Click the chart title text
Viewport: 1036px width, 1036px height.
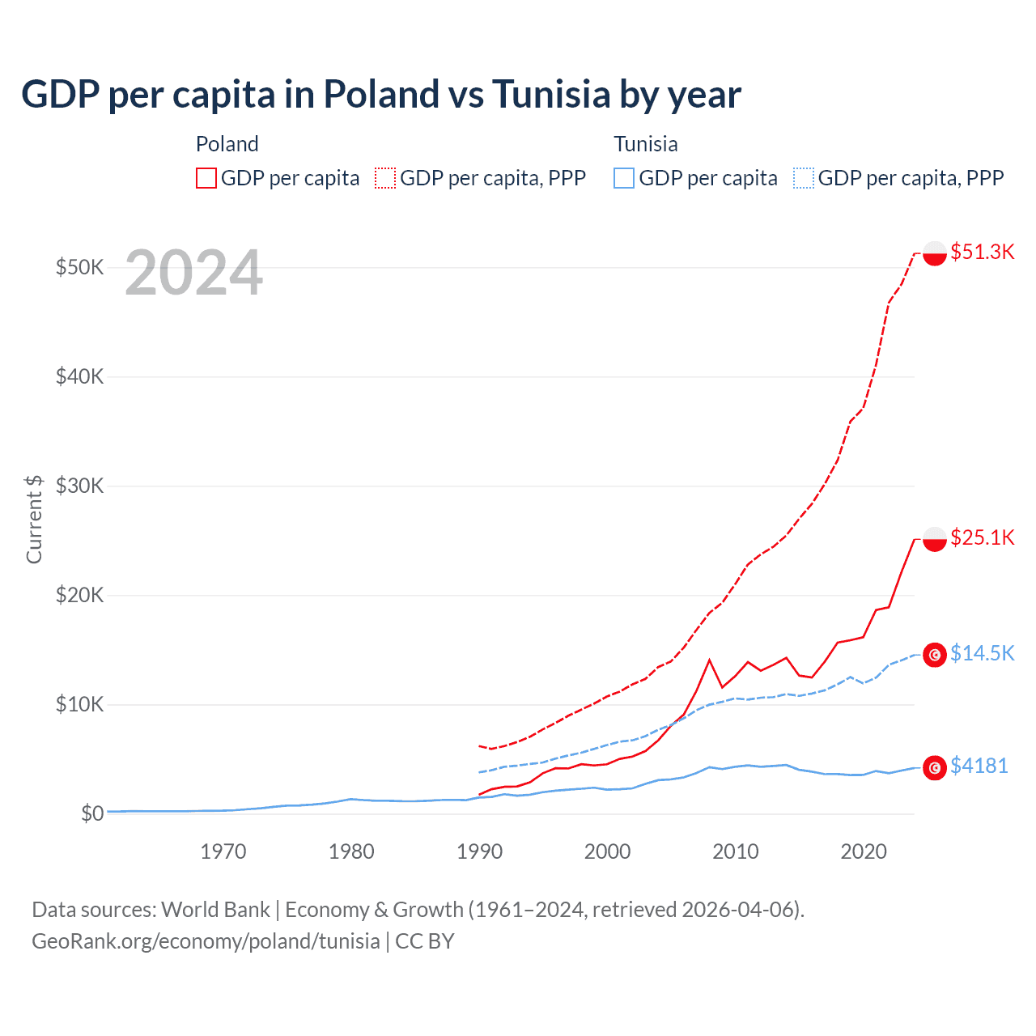point(380,94)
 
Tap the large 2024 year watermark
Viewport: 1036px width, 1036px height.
point(193,274)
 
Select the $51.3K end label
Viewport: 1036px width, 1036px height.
point(982,252)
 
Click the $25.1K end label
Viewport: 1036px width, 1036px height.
point(982,537)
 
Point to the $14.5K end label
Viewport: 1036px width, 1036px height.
point(982,653)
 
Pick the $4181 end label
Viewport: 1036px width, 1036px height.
point(979,766)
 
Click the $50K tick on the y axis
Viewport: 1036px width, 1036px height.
point(79,267)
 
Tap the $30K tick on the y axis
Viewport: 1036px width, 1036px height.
point(79,486)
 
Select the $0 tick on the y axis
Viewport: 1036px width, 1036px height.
point(92,813)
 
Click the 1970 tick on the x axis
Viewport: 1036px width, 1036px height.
point(223,851)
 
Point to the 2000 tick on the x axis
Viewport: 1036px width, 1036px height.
point(607,851)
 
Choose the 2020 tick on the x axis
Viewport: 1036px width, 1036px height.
point(864,851)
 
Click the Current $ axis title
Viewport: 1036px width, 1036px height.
point(34,519)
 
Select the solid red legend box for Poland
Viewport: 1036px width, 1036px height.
point(206,178)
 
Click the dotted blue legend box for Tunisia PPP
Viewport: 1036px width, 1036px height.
point(804,178)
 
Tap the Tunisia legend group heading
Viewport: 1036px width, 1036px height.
point(645,144)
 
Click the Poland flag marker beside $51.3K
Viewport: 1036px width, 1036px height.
point(935,253)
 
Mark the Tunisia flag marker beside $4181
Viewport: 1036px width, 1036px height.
point(935,767)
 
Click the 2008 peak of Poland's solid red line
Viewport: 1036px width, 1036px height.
point(710,660)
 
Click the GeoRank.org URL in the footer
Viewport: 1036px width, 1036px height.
point(206,941)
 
